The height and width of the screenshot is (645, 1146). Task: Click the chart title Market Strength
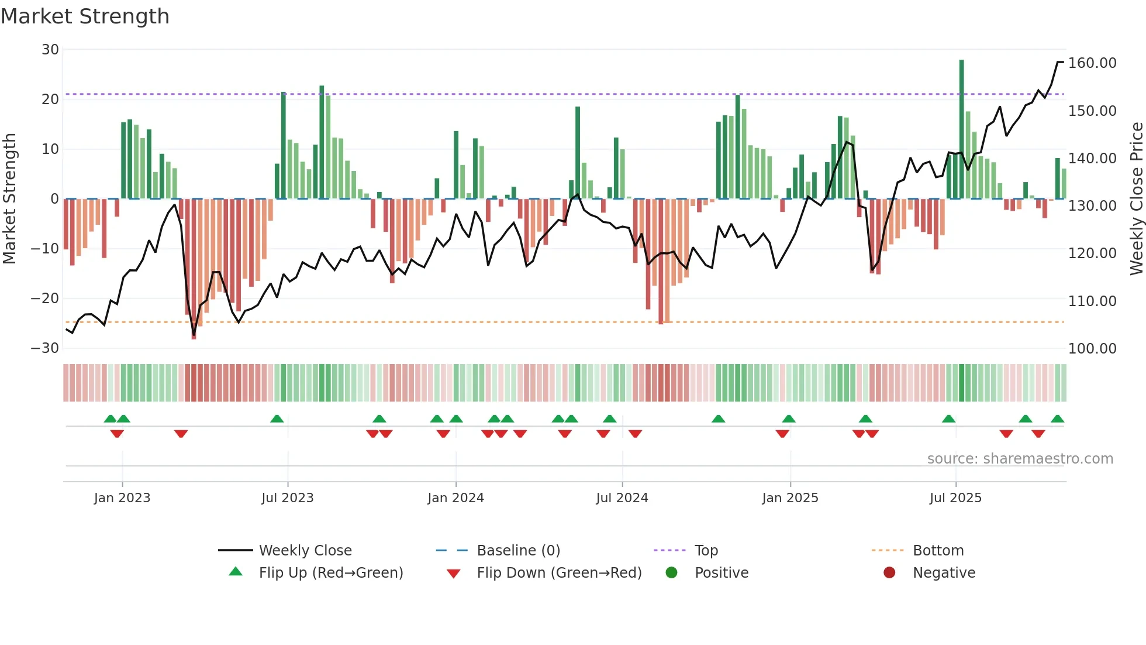pos(85,16)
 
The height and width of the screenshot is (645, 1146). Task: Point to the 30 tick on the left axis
pos(50,50)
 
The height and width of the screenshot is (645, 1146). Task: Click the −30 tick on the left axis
pos(45,348)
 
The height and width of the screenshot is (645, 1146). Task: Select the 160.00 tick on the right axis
pos(1092,63)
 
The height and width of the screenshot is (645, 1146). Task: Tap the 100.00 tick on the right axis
pos(1092,349)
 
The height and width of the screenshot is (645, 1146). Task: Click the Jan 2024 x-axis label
pos(455,498)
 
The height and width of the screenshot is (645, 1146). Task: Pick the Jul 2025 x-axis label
pos(955,498)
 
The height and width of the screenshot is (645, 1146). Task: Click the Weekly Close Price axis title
pos(1136,199)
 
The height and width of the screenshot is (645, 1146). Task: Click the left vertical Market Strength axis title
pos(10,199)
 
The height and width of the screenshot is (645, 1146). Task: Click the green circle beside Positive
pos(671,573)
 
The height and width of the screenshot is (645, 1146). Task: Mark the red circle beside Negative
pos(889,573)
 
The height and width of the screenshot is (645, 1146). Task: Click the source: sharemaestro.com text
pos(1020,459)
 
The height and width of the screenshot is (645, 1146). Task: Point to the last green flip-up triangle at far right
pos(1057,419)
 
